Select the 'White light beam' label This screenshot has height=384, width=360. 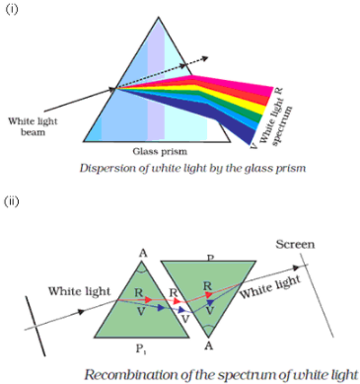pyautogui.click(x=33, y=126)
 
